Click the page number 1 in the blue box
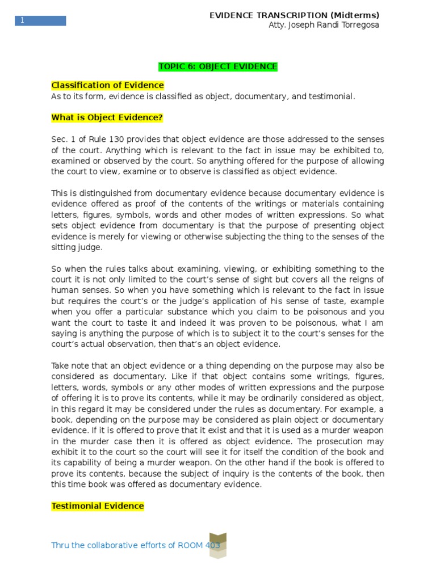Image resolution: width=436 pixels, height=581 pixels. [23, 21]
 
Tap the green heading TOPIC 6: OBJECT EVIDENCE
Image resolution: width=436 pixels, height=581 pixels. [218, 67]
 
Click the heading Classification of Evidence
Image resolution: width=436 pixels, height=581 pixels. [107, 85]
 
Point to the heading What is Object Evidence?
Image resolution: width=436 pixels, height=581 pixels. [107, 117]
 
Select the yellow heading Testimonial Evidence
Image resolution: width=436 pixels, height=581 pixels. [98, 506]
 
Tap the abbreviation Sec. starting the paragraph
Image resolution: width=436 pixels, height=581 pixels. [60, 139]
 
